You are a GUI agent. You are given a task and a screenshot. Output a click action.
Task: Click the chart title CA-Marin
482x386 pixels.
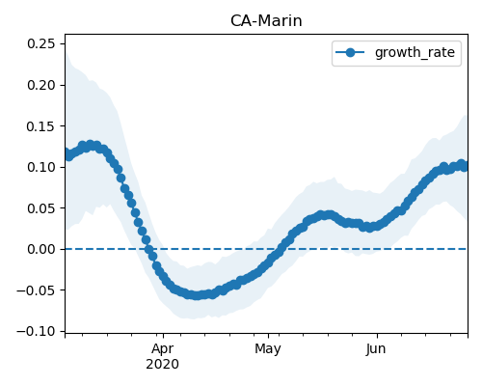tap(266, 21)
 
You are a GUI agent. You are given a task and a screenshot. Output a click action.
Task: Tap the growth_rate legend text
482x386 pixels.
tap(415, 52)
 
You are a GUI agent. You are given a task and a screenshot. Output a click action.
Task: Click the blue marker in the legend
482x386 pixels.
tap(350, 52)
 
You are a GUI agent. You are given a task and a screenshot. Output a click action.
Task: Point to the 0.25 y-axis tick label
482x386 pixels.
tap(41, 43)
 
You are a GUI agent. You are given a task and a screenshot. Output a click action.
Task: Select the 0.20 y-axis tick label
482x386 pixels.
tap(41, 85)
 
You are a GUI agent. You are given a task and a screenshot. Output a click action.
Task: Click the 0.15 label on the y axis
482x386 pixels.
tap(41, 126)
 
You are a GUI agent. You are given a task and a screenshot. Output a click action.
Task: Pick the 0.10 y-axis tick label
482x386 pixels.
tap(41, 167)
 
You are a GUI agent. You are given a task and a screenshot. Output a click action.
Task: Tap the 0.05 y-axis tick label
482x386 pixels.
tap(41, 208)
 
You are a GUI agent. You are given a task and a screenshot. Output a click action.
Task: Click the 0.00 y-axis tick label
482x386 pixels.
tap(41, 249)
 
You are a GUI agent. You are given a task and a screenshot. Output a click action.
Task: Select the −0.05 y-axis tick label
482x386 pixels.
tap(37, 290)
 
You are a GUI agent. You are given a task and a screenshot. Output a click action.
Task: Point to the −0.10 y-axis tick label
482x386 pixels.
tap(37, 331)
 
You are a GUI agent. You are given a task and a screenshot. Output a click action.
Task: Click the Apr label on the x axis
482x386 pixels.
tap(163, 349)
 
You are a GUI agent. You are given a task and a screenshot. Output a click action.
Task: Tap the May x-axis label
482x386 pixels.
tap(268, 349)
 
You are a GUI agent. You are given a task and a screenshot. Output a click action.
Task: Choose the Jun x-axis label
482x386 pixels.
tap(376, 349)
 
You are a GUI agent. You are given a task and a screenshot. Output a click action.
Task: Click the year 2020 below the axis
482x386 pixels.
tap(163, 365)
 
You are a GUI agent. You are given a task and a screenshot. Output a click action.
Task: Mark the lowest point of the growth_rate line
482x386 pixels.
tap(196, 295)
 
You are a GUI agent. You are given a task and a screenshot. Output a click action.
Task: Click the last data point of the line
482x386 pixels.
tap(465, 167)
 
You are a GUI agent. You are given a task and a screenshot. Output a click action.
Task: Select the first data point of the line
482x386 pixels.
tap(67, 152)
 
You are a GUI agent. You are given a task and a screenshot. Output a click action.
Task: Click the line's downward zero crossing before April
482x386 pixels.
tap(148, 249)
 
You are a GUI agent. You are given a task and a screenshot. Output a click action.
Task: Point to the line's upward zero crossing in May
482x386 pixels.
tap(281, 249)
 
